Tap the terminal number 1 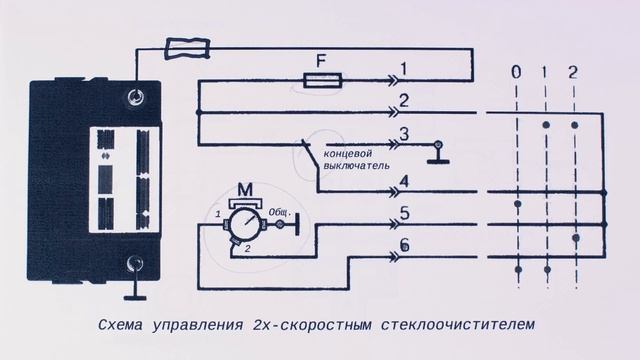click(x=403, y=68)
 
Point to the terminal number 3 click(x=403, y=135)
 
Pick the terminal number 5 click(x=403, y=212)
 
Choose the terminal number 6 click(x=403, y=245)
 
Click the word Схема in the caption click(x=122, y=325)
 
